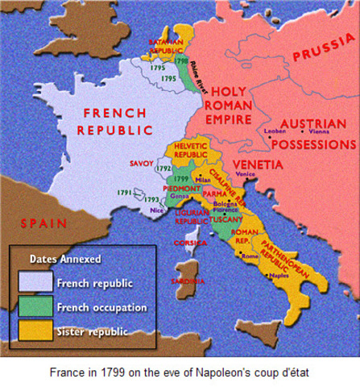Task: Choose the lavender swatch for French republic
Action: pyautogui.click(x=34, y=282)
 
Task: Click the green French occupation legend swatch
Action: pyautogui.click(x=34, y=308)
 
